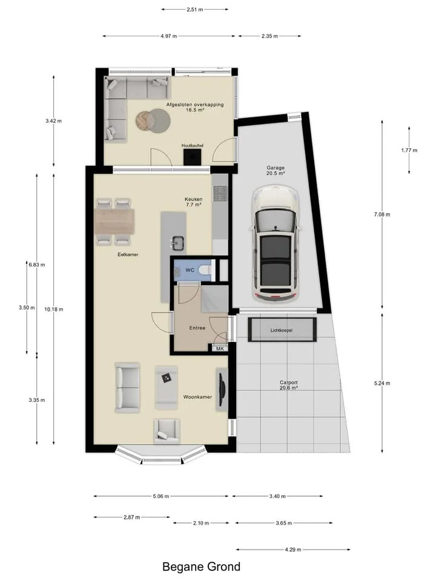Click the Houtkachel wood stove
192,157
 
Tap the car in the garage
275,243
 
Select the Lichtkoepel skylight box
282,329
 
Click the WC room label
190,270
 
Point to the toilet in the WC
205,270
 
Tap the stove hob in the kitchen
220,193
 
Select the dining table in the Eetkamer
114,222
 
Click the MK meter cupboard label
220,349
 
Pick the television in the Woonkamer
221,389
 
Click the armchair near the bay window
167,431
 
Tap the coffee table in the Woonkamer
166,387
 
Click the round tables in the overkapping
153,120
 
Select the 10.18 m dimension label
54,309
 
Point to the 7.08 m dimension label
382,214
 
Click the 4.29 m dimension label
293,550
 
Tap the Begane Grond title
201,566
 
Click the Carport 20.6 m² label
288,385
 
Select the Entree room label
197,328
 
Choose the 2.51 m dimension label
194,9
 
